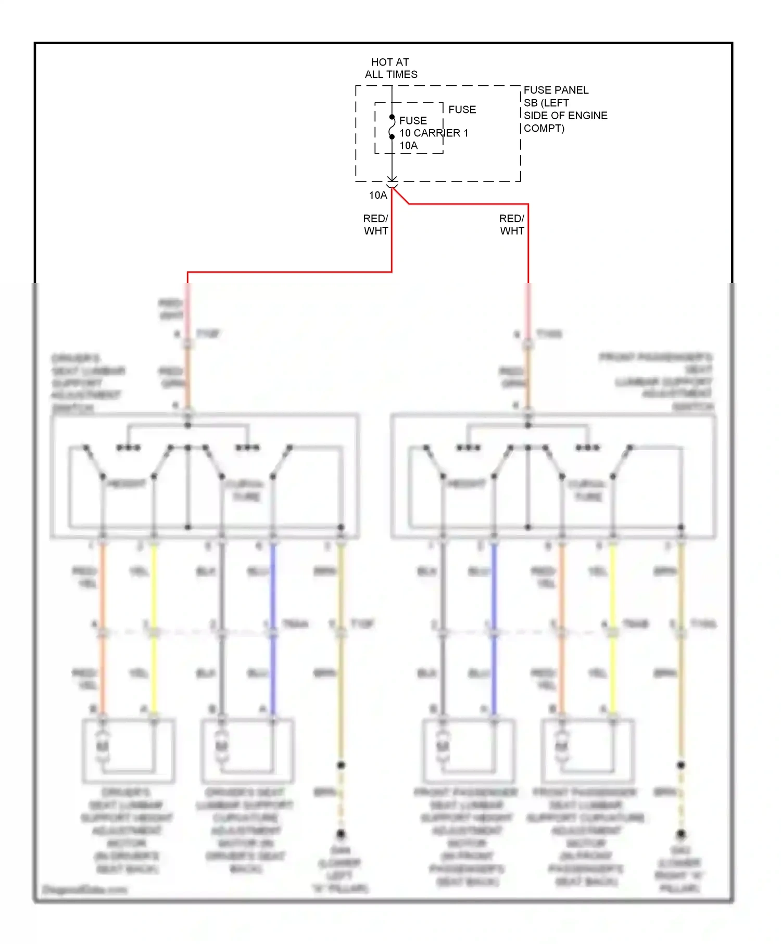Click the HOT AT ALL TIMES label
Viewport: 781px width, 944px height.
(x=391, y=68)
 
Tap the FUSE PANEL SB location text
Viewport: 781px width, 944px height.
(x=565, y=109)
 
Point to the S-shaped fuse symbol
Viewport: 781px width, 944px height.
(x=392, y=127)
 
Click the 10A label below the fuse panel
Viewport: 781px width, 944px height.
(x=378, y=196)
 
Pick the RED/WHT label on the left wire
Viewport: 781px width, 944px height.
(x=375, y=225)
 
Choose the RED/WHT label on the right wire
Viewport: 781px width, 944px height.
(x=511, y=225)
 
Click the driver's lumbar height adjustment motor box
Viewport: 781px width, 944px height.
(x=128, y=750)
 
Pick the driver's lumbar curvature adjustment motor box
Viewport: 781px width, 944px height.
(x=247, y=750)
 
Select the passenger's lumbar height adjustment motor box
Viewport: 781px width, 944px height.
(x=469, y=750)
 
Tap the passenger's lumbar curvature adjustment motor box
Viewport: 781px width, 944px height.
(x=587, y=750)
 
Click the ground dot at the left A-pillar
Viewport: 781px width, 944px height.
(x=341, y=834)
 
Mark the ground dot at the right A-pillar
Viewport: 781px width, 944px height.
(x=681, y=834)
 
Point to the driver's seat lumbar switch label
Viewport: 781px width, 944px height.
(x=87, y=383)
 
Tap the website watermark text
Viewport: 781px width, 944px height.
(x=84, y=889)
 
